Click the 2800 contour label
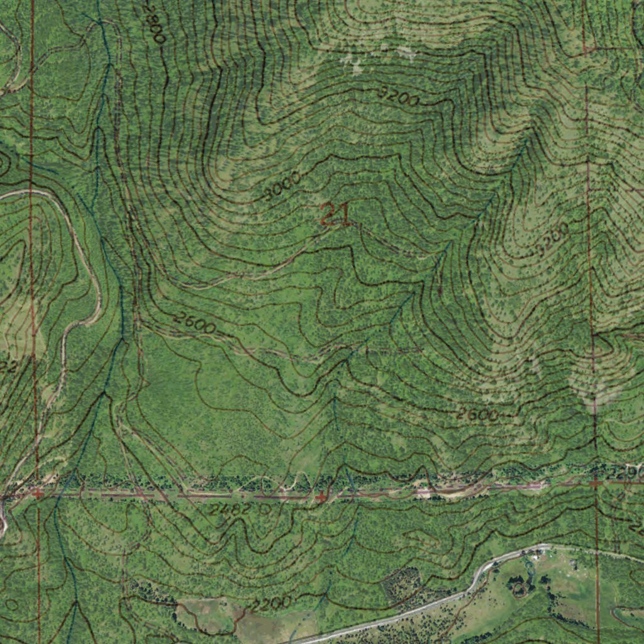153,23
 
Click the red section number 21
335,215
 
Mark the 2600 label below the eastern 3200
478,414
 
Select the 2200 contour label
271,604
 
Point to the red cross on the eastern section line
595,483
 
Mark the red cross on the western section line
38,494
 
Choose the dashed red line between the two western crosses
182,496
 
